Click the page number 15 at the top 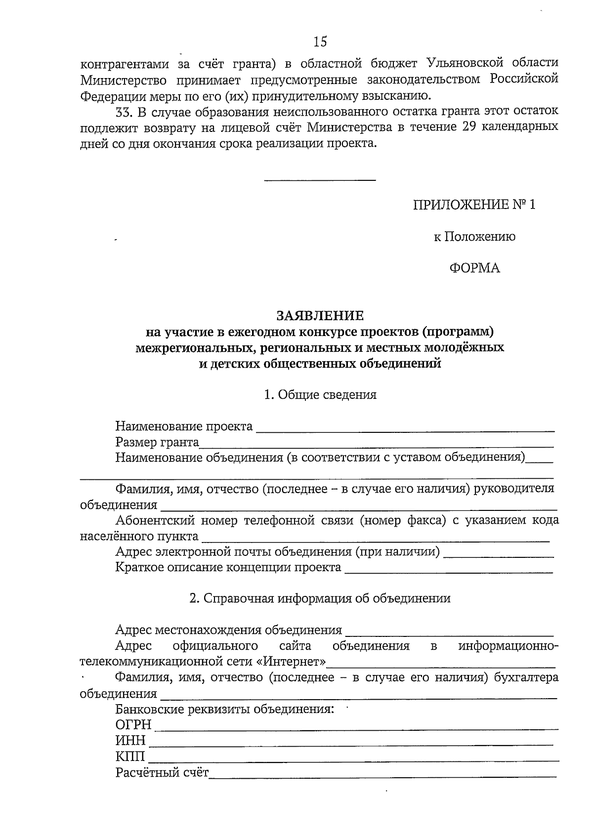tap(320, 42)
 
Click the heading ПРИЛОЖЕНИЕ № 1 tap(474, 205)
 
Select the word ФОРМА tap(474, 268)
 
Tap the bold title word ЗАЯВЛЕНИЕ tap(320, 315)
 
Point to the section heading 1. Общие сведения tap(320, 395)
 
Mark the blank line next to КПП tap(353, 760)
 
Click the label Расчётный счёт tap(162, 772)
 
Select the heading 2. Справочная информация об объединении tap(320, 598)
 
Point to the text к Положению tap(474, 237)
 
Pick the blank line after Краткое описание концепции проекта tap(448, 572)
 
